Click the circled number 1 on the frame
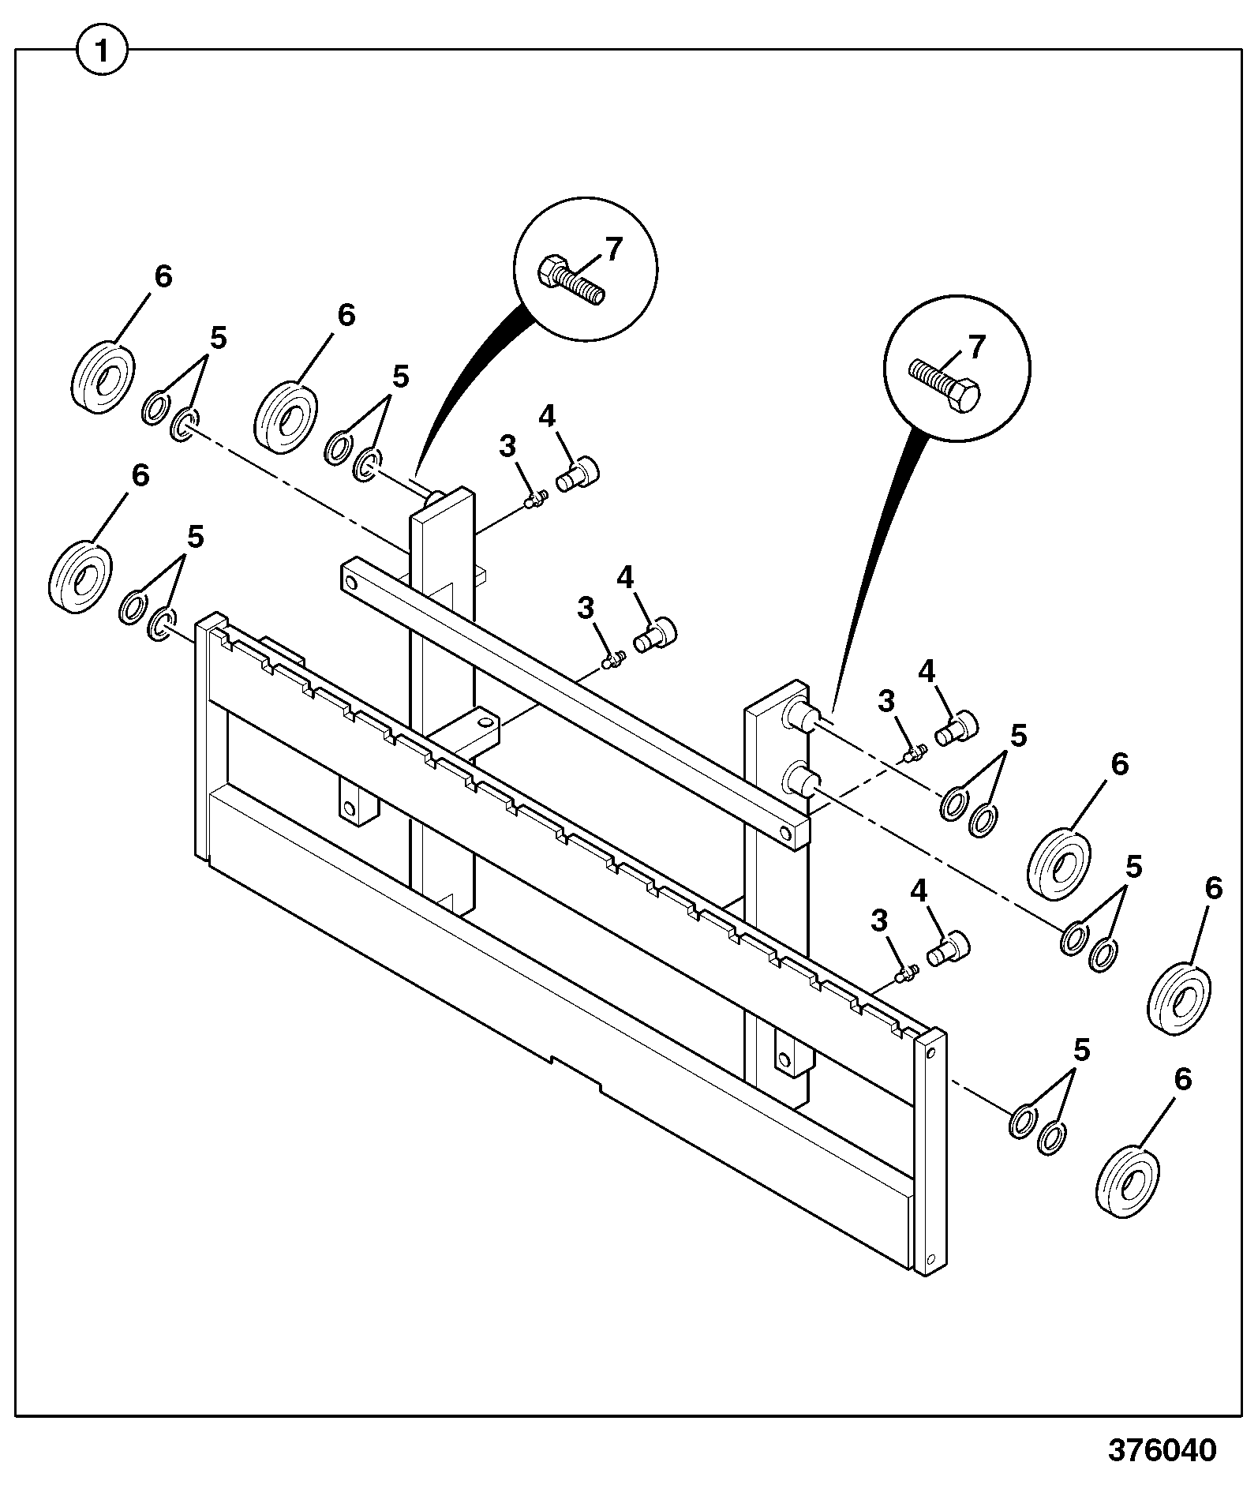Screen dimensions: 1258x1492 (102, 54)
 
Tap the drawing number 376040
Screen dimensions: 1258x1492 (1162, 1449)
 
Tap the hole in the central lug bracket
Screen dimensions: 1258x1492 (482, 721)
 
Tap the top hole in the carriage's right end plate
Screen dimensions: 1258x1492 (933, 1052)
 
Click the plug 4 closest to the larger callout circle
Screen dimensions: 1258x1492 (578, 473)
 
